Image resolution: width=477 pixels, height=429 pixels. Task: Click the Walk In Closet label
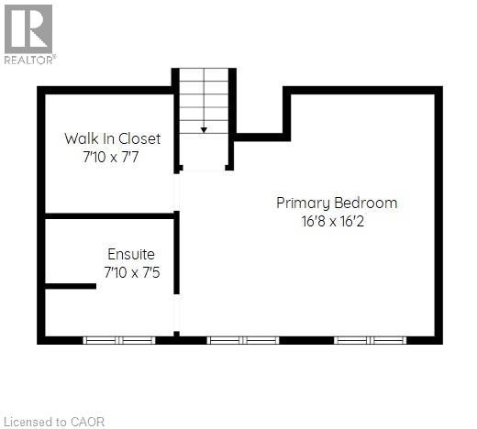tap(112, 138)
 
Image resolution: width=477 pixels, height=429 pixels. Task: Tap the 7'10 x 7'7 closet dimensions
tap(112, 156)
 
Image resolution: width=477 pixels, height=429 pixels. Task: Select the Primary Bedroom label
tap(337, 203)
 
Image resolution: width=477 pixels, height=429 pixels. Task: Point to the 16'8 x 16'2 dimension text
tap(337, 220)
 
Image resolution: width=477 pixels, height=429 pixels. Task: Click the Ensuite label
tap(131, 254)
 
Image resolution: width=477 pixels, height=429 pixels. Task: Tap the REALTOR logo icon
tap(28, 27)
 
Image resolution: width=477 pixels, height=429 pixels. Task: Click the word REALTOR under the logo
tap(29, 60)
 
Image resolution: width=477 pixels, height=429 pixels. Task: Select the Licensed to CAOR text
tap(54, 422)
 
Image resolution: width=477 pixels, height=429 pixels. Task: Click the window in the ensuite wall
tap(119, 340)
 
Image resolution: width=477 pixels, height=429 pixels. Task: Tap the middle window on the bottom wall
tap(243, 340)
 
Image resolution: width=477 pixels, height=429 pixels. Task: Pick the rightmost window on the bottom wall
tap(370, 340)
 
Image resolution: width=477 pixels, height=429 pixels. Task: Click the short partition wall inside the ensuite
tap(71, 286)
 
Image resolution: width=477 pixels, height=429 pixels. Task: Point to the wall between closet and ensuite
tap(110, 215)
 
